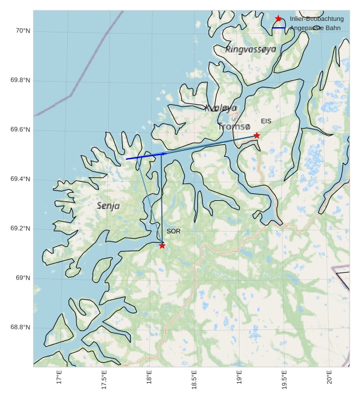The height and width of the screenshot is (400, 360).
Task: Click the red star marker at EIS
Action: (256, 135)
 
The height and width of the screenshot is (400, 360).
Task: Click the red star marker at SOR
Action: (162, 245)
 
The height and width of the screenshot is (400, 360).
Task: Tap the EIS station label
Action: (266, 121)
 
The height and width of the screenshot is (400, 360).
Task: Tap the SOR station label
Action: (174, 231)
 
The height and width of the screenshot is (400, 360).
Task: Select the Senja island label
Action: (108, 205)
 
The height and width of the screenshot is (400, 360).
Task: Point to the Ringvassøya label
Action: (251, 49)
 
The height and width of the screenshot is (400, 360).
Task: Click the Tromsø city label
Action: (234, 126)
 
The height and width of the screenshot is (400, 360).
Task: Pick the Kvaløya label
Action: (221, 108)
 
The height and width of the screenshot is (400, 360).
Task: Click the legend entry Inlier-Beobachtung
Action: (317, 19)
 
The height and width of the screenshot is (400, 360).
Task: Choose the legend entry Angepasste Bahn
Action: (315, 28)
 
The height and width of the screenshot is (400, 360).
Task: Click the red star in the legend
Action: (278, 19)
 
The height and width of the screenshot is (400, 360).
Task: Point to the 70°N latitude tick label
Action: (23, 31)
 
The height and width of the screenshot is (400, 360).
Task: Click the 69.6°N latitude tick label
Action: (20, 130)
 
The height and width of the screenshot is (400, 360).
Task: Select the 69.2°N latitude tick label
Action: (20, 229)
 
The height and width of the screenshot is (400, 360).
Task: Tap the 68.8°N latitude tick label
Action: (20, 328)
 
